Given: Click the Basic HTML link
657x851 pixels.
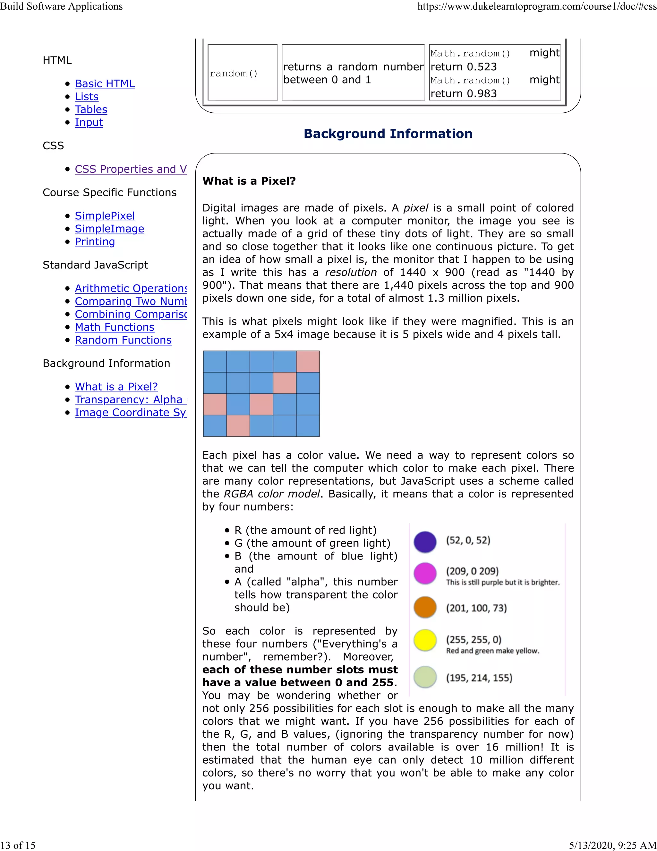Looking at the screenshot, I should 105,84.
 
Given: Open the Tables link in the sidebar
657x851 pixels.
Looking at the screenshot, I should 91,110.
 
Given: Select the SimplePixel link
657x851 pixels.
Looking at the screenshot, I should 105,216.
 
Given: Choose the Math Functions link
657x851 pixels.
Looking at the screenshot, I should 115,327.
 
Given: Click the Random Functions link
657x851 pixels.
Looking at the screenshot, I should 123,340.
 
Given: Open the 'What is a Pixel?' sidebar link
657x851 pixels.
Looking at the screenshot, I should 116,387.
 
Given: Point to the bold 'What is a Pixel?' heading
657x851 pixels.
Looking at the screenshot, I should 249,181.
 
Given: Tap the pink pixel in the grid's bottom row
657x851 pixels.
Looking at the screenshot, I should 238,425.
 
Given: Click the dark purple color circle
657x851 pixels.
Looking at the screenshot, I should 425,542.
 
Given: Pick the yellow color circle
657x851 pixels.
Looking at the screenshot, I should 425,640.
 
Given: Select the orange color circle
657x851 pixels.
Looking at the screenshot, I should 425,607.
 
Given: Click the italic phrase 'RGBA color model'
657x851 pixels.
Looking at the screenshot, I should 271,494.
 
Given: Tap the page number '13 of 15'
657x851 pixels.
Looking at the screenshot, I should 18,845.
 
